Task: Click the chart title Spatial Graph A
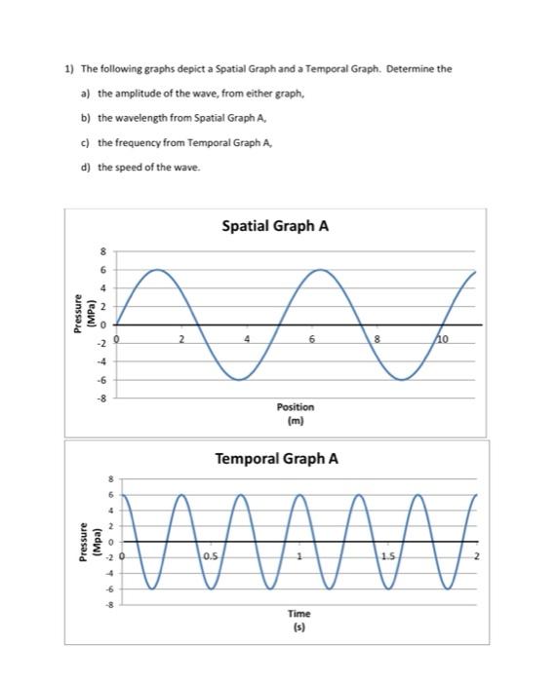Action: (x=275, y=226)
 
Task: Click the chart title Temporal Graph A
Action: (x=277, y=457)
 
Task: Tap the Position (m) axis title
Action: (x=296, y=413)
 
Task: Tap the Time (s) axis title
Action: (x=299, y=619)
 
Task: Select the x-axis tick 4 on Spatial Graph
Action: (x=248, y=338)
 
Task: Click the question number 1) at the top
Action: (x=69, y=70)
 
